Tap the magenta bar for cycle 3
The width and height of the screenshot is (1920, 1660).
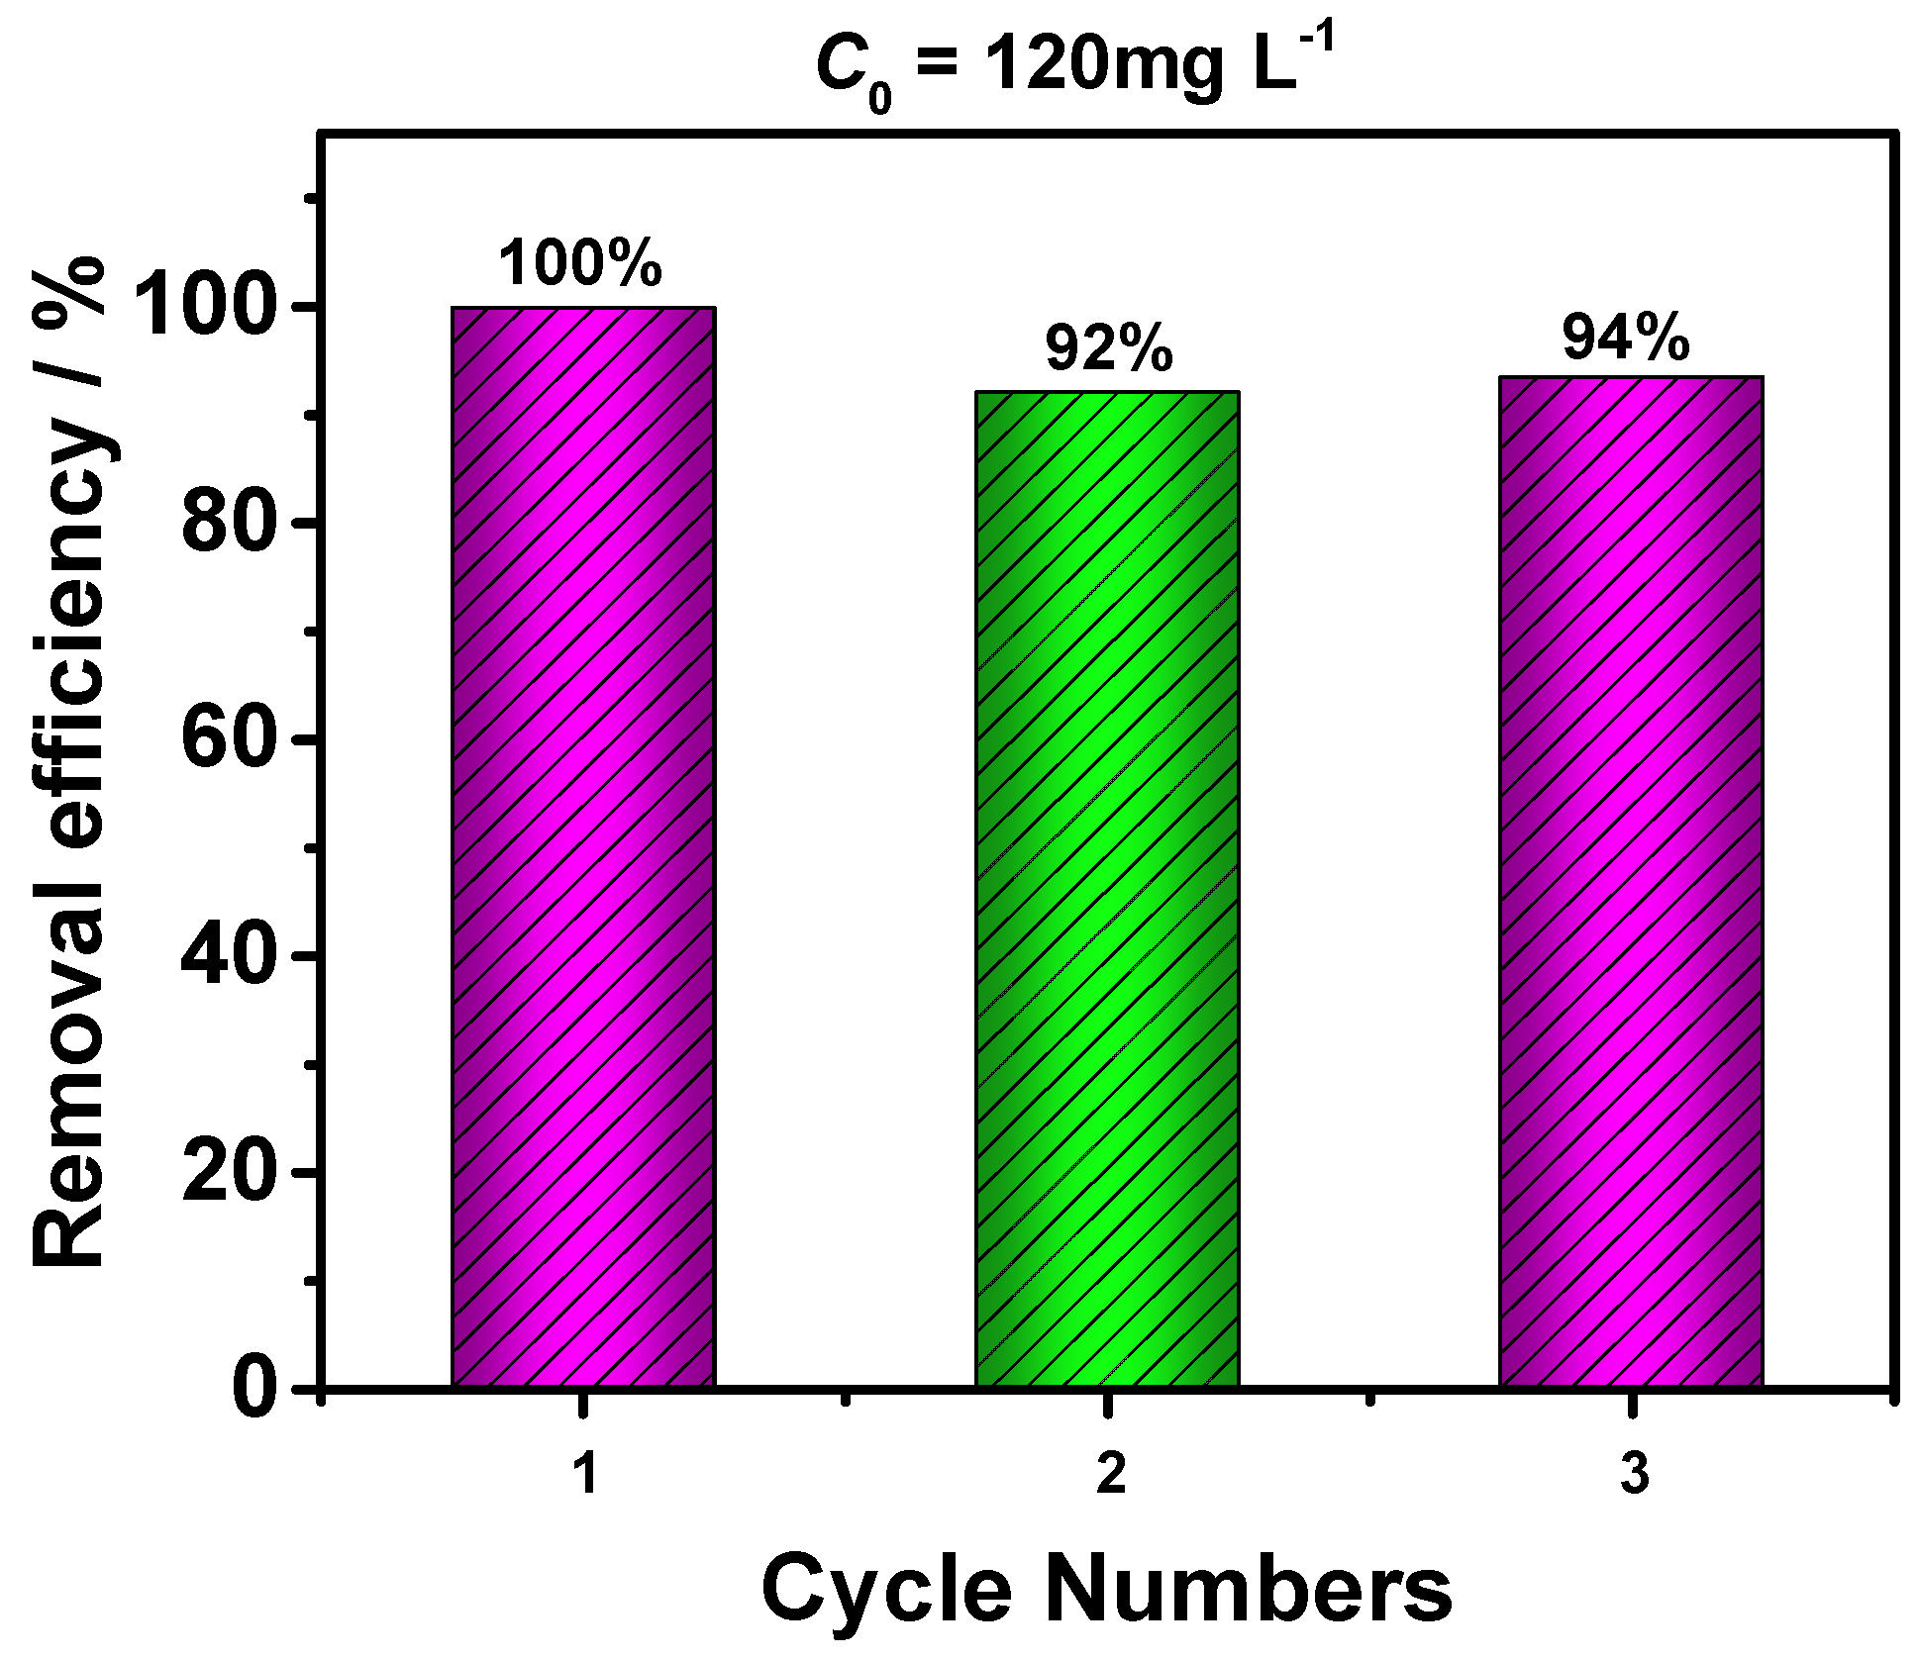coord(1631,881)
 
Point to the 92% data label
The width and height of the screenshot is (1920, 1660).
coord(1109,348)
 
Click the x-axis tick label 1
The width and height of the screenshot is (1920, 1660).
coord(586,1474)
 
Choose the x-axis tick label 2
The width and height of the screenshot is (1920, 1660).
coord(1110,1474)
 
